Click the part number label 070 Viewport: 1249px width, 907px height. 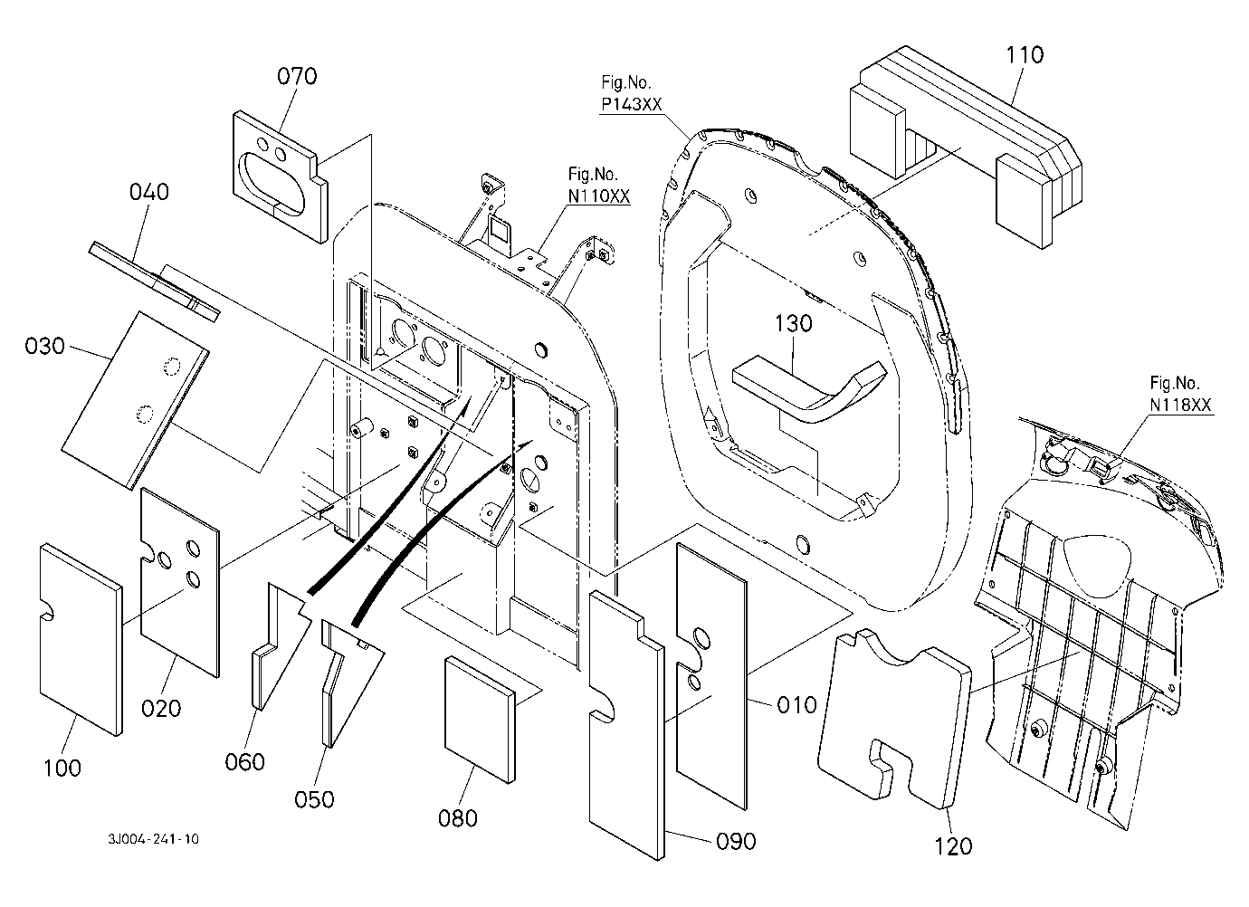click(297, 76)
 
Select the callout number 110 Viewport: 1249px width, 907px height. click(1025, 55)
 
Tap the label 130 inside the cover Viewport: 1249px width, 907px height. click(794, 323)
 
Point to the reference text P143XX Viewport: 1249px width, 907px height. click(631, 104)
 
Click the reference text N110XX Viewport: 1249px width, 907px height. click(599, 196)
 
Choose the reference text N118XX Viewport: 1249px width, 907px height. click(1180, 405)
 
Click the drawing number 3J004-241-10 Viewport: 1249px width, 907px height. click(153, 839)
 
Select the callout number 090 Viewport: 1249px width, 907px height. click(736, 841)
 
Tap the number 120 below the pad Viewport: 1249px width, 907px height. click(953, 846)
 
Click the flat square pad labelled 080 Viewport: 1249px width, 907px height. click(480, 720)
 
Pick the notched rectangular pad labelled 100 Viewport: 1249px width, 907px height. click(81, 639)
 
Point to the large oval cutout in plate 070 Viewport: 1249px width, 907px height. click(272, 183)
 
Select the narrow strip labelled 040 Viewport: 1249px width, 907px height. click(155, 282)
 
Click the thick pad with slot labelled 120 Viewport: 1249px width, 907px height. click(893, 719)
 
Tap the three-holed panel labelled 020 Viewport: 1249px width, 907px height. click(179, 582)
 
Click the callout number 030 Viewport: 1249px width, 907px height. click(44, 347)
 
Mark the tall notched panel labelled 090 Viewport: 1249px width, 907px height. click(626, 725)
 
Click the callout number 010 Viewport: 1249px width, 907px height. click(796, 706)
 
